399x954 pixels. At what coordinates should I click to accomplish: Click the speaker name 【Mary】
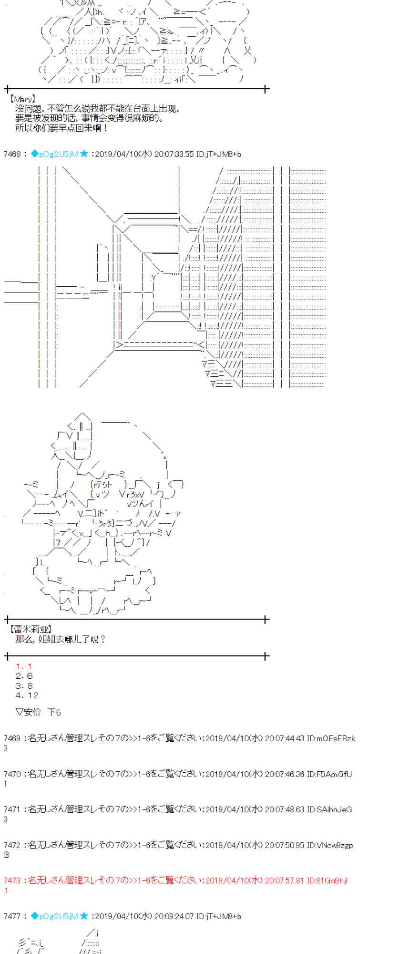22,99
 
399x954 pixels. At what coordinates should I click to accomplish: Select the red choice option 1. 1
23,666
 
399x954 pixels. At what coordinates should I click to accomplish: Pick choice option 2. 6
24,676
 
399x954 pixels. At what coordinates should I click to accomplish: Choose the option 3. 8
24,686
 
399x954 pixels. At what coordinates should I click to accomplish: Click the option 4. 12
27,695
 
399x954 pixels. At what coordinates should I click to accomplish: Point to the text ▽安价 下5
38,712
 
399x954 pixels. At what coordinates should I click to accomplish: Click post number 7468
12,154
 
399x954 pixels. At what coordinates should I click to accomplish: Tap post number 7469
12,738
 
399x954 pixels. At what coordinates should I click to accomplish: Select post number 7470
12,774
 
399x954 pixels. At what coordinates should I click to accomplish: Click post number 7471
12,809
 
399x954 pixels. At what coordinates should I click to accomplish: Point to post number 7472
12,845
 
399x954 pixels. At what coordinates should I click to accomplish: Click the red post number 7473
12,881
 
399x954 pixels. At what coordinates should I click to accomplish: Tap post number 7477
12,916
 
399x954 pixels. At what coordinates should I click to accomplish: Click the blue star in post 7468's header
84,154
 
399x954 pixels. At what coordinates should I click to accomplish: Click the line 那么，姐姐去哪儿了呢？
61,639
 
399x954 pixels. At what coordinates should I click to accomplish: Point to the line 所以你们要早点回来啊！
62,128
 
